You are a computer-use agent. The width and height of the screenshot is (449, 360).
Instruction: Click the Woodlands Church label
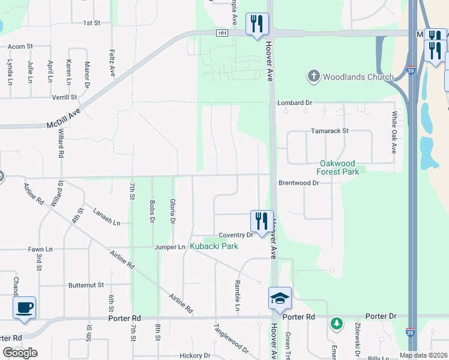coord(358,77)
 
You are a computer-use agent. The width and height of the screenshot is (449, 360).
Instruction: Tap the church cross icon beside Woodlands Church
coord(313,76)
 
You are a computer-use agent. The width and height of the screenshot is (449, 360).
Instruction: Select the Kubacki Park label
coord(214,246)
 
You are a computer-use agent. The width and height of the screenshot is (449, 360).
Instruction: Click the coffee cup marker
coord(25,308)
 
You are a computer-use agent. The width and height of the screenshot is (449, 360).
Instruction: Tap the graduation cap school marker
coord(279,298)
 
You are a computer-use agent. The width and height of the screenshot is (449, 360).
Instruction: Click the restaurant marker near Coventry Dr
coord(261,221)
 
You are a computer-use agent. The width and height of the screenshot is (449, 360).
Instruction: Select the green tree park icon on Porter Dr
coord(337,324)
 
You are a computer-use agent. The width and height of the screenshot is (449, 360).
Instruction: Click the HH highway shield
coord(223,33)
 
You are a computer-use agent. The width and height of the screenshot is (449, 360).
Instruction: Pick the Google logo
coord(20,353)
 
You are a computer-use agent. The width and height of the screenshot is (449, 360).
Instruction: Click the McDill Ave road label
coord(64,117)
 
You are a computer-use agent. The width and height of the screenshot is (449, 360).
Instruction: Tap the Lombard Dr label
coord(295,103)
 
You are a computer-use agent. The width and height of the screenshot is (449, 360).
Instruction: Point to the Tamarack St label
coord(330,131)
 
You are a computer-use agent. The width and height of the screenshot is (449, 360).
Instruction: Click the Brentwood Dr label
coord(298,182)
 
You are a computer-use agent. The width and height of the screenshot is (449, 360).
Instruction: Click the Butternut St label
coord(86,285)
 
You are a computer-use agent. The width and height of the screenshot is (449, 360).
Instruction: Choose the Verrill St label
coord(64,97)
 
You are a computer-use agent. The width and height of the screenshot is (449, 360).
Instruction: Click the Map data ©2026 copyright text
coord(423,355)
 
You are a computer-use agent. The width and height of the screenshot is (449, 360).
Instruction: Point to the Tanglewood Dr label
coord(231,339)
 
